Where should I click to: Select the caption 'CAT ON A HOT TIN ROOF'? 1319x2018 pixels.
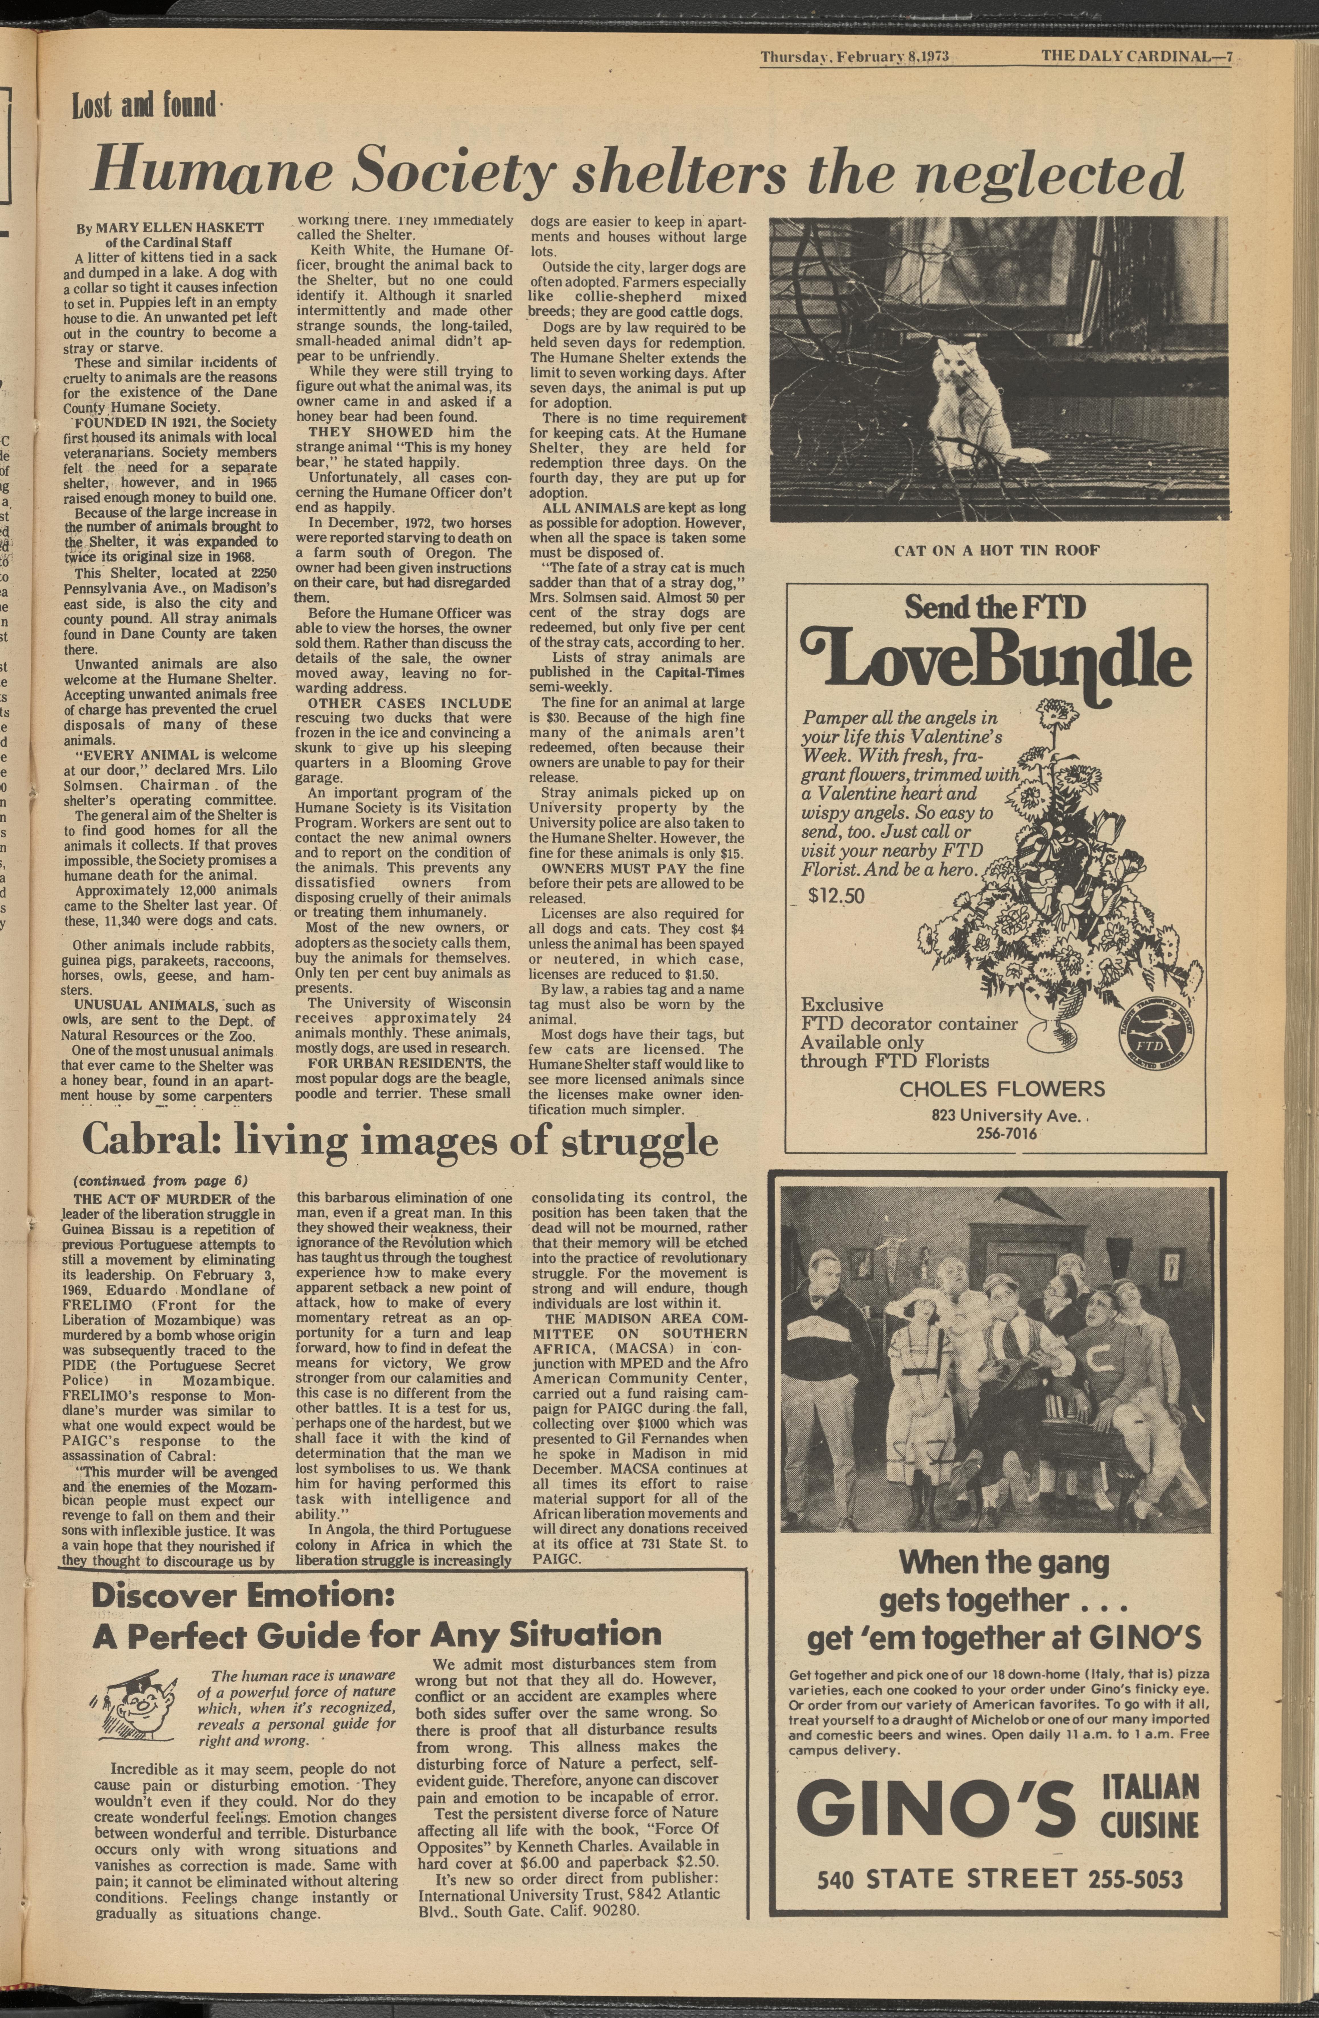coord(997,550)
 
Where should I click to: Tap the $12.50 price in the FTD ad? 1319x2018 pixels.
coord(835,895)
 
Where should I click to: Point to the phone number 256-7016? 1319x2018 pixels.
coord(995,1134)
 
